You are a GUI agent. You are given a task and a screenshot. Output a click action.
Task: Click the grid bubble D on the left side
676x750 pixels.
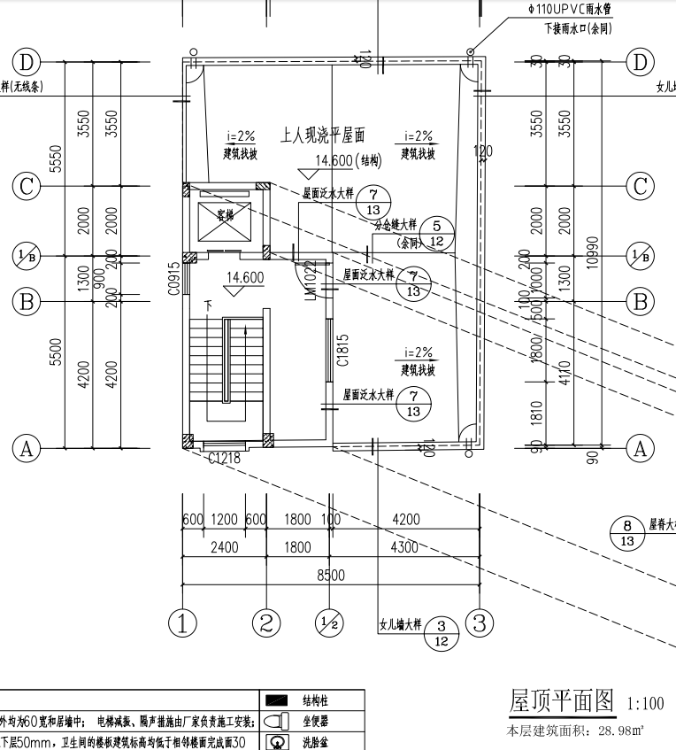[27, 62]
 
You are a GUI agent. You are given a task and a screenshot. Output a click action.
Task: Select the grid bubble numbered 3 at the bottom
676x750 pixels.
[479, 622]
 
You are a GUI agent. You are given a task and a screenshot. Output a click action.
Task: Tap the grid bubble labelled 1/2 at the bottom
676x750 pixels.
[328, 622]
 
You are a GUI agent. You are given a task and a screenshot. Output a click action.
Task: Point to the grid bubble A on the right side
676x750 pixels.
[639, 448]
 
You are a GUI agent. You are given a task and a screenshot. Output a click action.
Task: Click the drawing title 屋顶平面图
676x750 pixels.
[561, 701]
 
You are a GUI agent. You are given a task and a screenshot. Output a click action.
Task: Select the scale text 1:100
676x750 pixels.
[645, 705]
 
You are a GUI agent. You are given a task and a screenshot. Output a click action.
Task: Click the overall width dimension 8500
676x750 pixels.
[330, 576]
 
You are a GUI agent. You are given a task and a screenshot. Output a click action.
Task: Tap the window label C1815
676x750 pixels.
[342, 351]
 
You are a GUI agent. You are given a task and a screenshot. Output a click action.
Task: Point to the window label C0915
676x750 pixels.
[174, 278]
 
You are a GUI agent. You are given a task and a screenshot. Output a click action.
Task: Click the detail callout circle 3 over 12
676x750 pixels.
[442, 634]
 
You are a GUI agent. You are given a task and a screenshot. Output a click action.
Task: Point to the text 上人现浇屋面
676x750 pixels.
[323, 135]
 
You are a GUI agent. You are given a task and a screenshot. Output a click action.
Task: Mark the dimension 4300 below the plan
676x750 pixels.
[405, 548]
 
